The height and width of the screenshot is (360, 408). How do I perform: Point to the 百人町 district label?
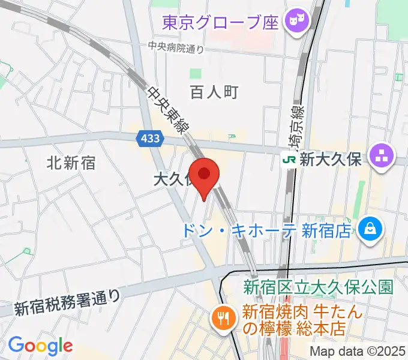pyautogui.click(x=214, y=92)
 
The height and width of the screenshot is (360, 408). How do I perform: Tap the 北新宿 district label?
pyautogui.click(x=71, y=163)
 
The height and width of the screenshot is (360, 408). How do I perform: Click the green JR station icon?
pyautogui.click(x=290, y=160)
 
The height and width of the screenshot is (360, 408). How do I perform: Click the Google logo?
pyautogui.click(x=40, y=345)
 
